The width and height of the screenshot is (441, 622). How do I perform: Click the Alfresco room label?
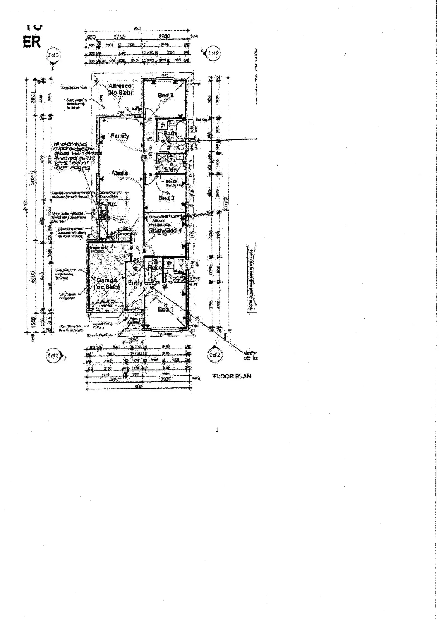point(120,86)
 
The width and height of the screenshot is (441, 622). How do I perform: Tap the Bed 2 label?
point(166,95)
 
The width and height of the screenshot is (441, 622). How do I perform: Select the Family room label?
point(120,136)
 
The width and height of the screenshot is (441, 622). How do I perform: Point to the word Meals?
point(120,173)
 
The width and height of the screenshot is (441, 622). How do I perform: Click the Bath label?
point(170,133)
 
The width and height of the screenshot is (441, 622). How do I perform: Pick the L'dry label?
point(172,170)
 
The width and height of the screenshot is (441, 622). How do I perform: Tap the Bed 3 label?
point(167,198)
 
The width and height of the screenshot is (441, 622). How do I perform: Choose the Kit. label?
point(111,204)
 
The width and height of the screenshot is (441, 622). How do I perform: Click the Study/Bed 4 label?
point(165,231)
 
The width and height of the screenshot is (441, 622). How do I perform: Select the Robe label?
point(155,268)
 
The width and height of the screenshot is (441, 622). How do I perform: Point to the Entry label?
point(135,283)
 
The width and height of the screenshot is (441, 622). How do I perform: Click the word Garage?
point(107,280)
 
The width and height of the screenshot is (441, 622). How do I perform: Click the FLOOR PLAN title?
point(232,376)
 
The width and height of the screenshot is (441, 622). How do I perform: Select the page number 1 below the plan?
point(217,430)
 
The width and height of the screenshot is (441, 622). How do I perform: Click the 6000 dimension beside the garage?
point(33,277)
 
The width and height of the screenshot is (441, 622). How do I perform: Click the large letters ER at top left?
point(31,42)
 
